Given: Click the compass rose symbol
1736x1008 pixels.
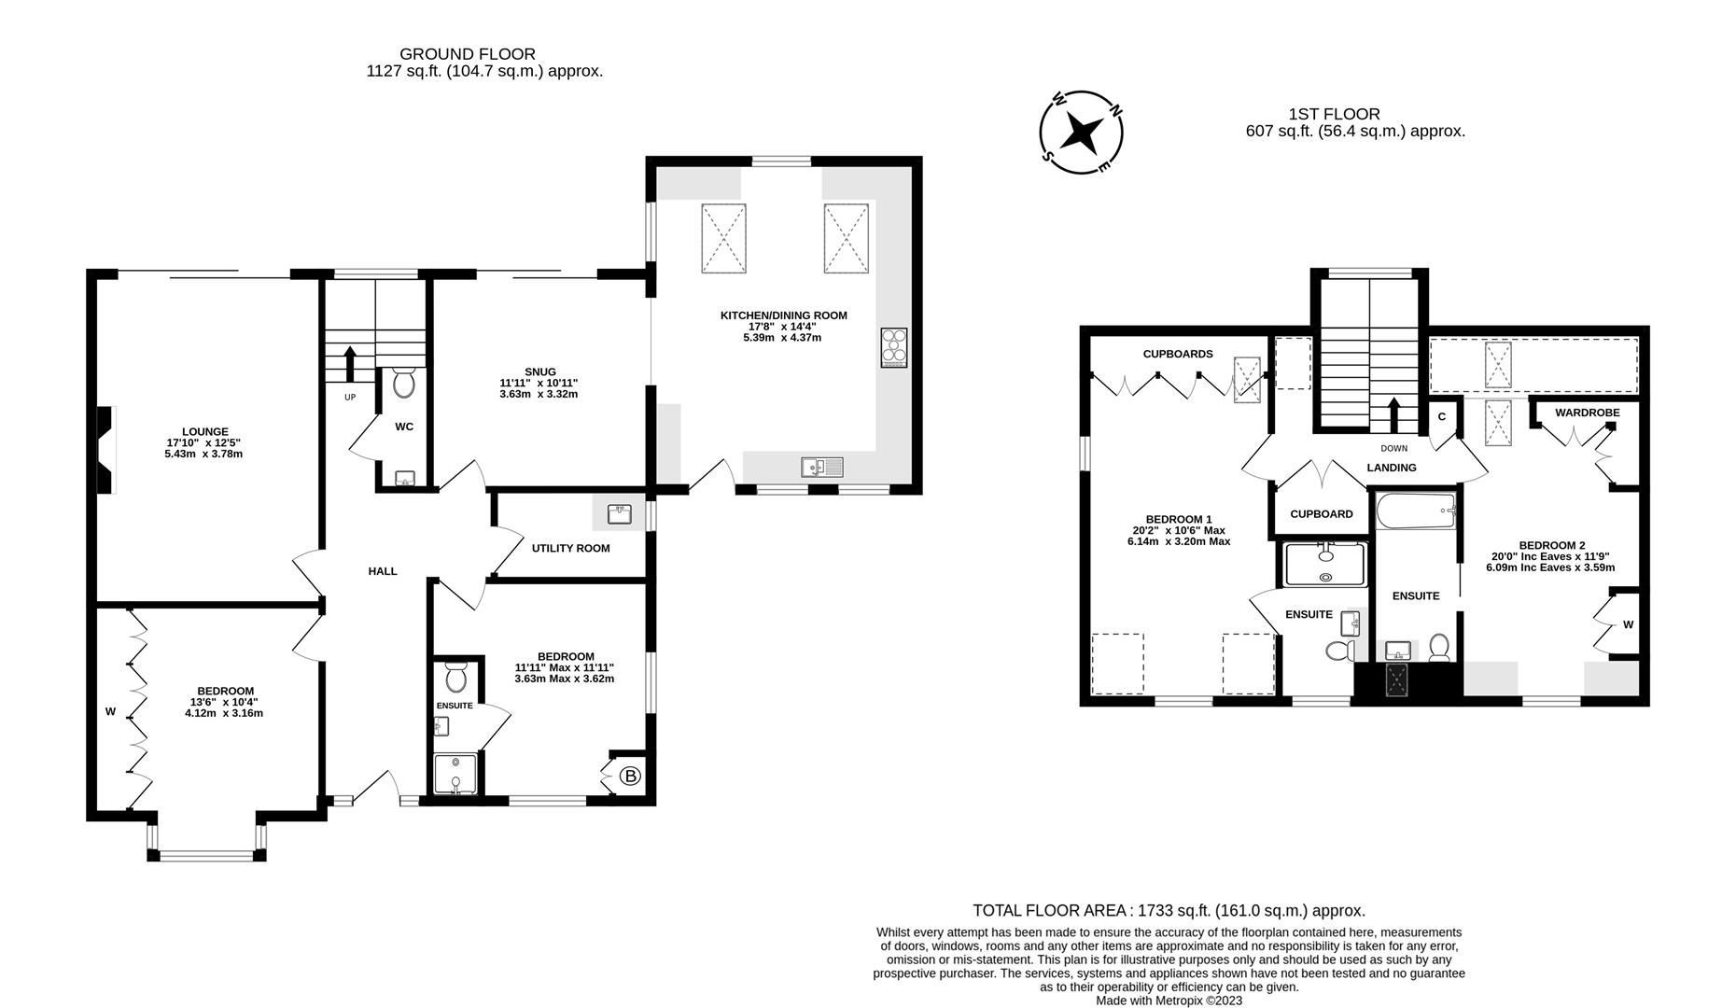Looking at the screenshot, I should pyautogui.click(x=1082, y=133).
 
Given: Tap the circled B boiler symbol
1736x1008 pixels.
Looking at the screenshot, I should pyautogui.click(x=631, y=776).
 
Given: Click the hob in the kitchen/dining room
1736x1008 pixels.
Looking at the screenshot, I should pyautogui.click(x=894, y=348).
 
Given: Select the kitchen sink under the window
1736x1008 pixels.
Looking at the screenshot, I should pyautogui.click(x=821, y=467).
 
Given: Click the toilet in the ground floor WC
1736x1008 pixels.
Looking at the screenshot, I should pyautogui.click(x=404, y=384).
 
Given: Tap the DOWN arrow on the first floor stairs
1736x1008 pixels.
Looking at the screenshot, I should pyautogui.click(x=1394, y=414).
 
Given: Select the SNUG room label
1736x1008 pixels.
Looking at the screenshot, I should pyautogui.click(x=539, y=371).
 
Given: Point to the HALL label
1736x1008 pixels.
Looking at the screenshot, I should pyautogui.click(x=382, y=571).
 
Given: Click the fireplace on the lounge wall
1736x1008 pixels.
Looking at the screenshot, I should pyautogui.click(x=106, y=449).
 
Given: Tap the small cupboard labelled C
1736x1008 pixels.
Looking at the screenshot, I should pyautogui.click(x=1441, y=416).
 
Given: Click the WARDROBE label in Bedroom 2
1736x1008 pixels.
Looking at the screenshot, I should pyautogui.click(x=1587, y=413).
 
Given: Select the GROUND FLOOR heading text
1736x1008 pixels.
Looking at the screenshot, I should pyautogui.click(x=468, y=54).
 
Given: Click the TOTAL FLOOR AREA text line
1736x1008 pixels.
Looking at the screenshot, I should pyautogui.click(x=1169, y=910).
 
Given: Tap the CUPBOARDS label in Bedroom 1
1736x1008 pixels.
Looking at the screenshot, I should pyautogui.click(x=1178, y=354).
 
